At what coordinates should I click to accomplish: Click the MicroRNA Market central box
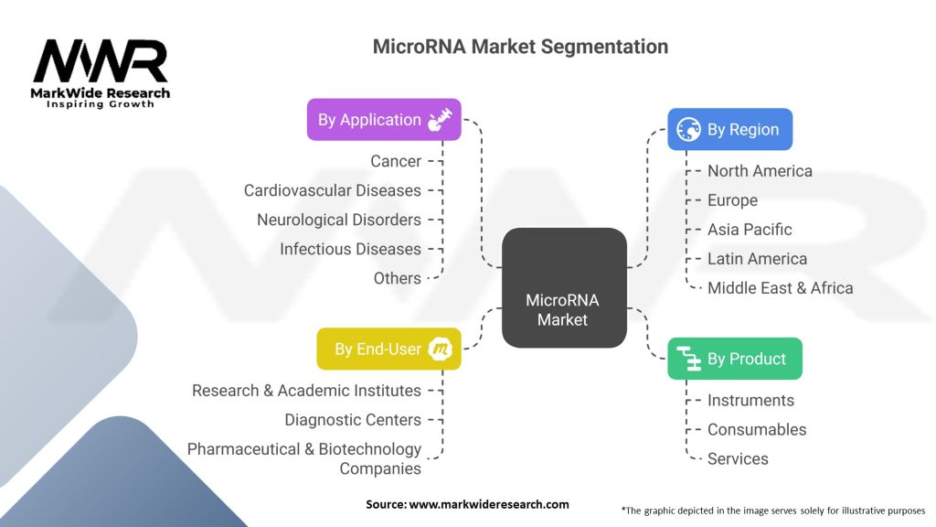coord(563,287)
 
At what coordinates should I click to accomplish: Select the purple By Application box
coord(384,120)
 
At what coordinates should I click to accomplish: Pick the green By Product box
coord(735,359)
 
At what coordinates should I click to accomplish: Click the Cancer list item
coord(396,161)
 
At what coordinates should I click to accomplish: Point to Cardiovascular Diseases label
coord(333,190)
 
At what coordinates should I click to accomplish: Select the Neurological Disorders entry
coord(339,220)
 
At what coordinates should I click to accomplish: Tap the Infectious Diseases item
coord(350,249)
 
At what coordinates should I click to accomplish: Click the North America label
coord(760,171)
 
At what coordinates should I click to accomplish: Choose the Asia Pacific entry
coord(750,230)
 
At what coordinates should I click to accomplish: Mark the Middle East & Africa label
coord(780,288)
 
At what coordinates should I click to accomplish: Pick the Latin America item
coord(757,259)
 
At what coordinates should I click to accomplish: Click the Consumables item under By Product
coord(757,429)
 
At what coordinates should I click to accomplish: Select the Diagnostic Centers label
coord(353,420)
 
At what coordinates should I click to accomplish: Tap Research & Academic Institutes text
coord(306,391)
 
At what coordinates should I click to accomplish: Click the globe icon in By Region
coord(688,130)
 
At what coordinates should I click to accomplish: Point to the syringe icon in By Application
coord(440,120)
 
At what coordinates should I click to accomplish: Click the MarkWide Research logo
coord(101,73)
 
